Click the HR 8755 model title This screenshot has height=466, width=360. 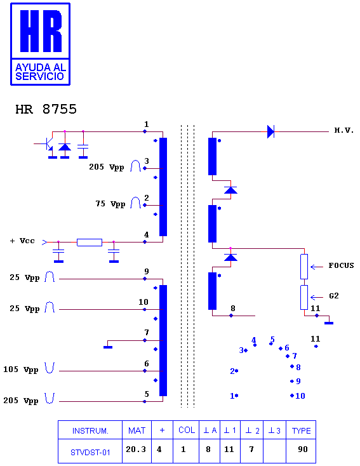click(46, 109)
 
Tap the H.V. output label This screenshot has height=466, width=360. click(344, 130)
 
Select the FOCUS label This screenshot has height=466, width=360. click(341, 265)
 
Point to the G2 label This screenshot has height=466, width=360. click(334, 296)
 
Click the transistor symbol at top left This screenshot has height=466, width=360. click(48, 144)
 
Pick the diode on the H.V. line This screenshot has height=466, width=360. click(270, 131)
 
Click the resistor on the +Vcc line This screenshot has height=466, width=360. click(90, 243)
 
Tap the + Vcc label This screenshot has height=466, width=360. click(23, 241)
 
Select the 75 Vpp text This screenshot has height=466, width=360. click(110, 204)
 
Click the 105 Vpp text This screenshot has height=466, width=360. click(21, 369)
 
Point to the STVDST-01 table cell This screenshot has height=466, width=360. click(90, 452)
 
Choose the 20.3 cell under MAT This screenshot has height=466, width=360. click(136, 449)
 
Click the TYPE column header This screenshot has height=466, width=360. click(301, 430)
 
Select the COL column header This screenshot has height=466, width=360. click(187, 430)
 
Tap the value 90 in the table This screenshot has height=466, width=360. click(303, 449)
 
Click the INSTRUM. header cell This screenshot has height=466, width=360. click(90, 430)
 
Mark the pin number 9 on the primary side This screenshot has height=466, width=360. click(146, 271)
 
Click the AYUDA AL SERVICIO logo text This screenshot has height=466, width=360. click(41, 72)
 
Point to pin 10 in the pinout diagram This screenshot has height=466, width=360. click(298, 396)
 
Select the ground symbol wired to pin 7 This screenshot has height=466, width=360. click(108, 347)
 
